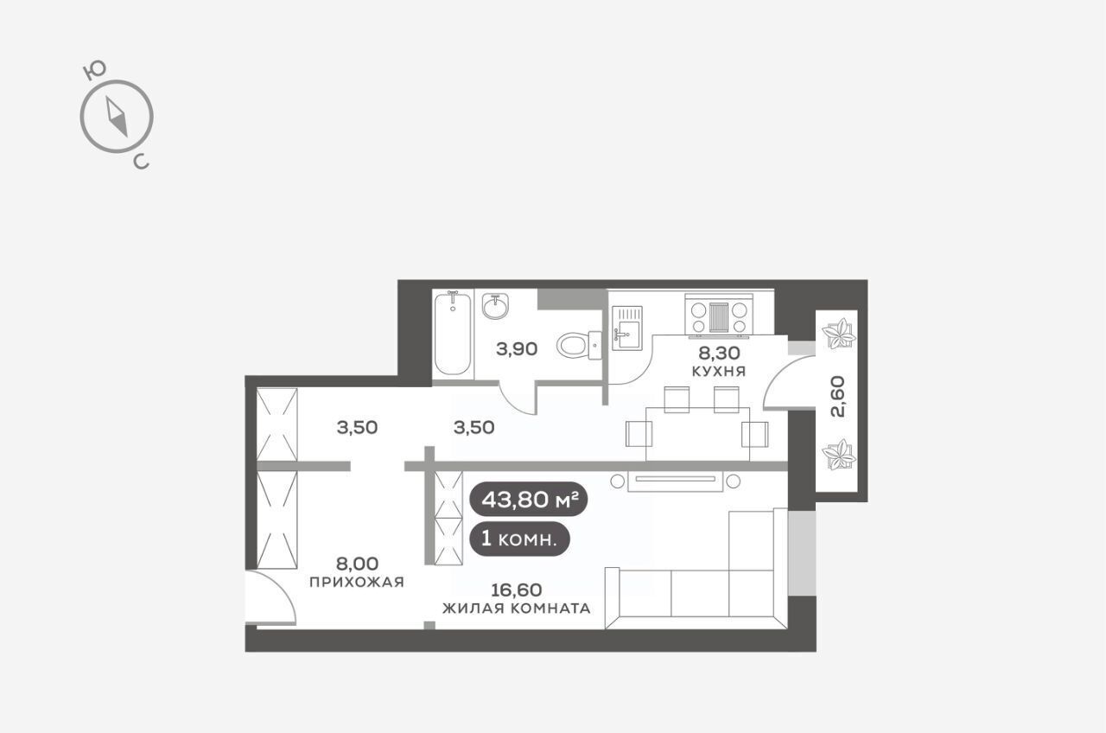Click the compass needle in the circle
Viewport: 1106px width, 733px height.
click(117, 117)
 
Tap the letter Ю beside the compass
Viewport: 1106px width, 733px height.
click(94, 71)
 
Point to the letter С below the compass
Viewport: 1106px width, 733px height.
click(141, 161)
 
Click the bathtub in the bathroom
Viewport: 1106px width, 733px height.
click(452, 334)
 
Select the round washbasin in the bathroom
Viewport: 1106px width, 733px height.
click(495, 306)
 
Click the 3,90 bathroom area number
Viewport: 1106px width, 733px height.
click(517, 349)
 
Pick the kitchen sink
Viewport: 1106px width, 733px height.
click(627, 328)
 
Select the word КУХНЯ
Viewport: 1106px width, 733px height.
click(718, 372)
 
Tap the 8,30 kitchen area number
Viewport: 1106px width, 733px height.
click(719, 353)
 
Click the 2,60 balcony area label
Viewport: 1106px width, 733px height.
click(838, 397)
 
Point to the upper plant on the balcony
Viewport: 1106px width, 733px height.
click(838, 334)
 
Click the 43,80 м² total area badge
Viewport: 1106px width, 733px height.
click(528, 500)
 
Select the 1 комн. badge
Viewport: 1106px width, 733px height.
click(519, 539)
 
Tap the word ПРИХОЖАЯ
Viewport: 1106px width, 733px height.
click(357, 583)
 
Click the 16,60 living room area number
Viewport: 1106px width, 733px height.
click(517, 590)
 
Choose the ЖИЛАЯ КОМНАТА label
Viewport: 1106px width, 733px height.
click(517, 609)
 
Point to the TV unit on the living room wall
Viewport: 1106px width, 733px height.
click(676, 481)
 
